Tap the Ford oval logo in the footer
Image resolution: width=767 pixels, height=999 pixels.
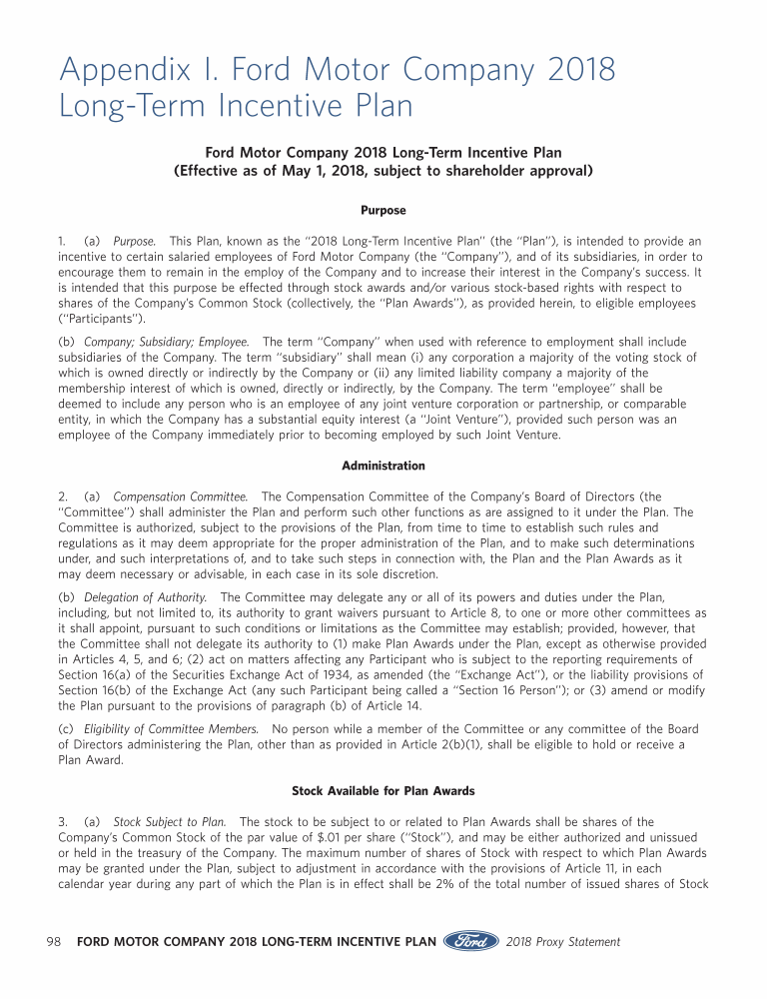[x=470, y=941]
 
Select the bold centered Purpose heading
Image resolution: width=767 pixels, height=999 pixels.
[x=383, y=211]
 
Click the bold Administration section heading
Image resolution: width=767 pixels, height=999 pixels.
[x=383, y=466]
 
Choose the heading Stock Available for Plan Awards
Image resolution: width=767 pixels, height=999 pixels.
[x=383, y=791]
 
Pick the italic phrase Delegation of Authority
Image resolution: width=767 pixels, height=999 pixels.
[x=145, y=597]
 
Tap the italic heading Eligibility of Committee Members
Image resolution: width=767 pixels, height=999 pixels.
[x=171, y=728]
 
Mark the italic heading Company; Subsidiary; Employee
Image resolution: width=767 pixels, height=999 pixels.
[x=167, y=342]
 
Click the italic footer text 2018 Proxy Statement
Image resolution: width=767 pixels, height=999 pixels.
[x=563, y=941]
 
